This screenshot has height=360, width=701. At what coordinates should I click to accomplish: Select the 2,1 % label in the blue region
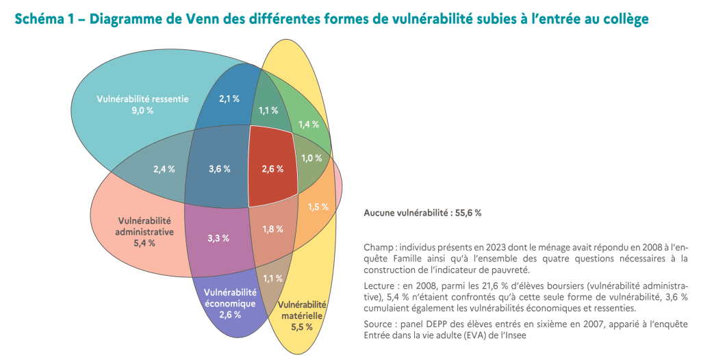pos(229,99)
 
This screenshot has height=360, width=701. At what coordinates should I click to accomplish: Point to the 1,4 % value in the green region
pos(309,124)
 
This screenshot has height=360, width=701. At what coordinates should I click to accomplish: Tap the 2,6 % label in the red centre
pos(272,168)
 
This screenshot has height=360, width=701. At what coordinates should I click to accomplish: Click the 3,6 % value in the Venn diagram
pos(219,168)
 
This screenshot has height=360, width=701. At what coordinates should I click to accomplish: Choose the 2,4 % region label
pos(164,168)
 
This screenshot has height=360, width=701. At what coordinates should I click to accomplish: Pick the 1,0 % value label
pos(311,157)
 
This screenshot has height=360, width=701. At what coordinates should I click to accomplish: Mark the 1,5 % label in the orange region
pos(318,207)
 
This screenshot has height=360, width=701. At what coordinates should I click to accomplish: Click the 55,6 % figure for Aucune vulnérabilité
pos(468,213)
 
